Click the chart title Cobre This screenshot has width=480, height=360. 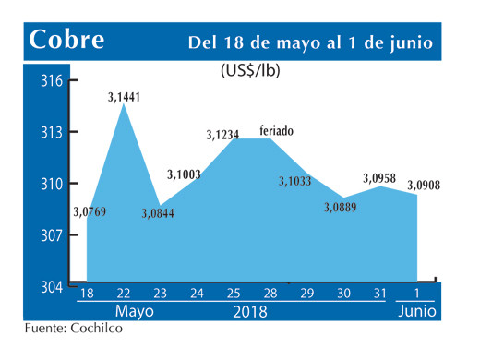pos(66,41)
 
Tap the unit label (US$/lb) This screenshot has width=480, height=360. pos(251,70)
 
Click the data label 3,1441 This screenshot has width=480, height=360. pos(126,97)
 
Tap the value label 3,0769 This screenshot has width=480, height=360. pos(90,213)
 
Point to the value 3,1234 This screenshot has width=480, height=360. pos(223,135)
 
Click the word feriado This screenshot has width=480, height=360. pos(277,130)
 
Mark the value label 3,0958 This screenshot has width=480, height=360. pos(380,177)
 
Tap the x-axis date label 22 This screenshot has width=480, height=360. pos(125,294)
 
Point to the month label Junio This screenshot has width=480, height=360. pos(418,312)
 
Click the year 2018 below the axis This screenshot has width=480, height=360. pos(248,312)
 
